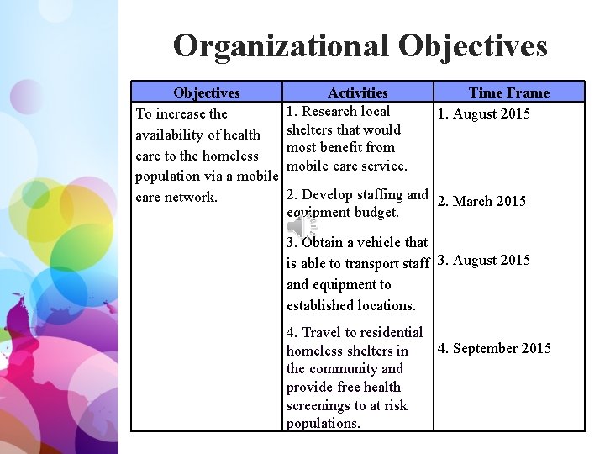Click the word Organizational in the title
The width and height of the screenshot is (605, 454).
click(282, 45)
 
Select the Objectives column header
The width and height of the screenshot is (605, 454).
click(206, 92)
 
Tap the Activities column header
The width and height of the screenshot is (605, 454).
click(358, 92)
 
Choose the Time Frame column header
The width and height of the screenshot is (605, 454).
click(508, 92)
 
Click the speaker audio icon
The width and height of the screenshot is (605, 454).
click(300, 225)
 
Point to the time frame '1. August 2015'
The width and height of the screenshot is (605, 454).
click(482, 113)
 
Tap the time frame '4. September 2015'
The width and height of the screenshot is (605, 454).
click(494, 348)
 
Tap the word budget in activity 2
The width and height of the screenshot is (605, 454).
click(378, 213)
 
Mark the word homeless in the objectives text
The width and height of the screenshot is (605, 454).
click(228, 156)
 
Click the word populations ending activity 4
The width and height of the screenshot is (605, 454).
click(322, 424)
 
